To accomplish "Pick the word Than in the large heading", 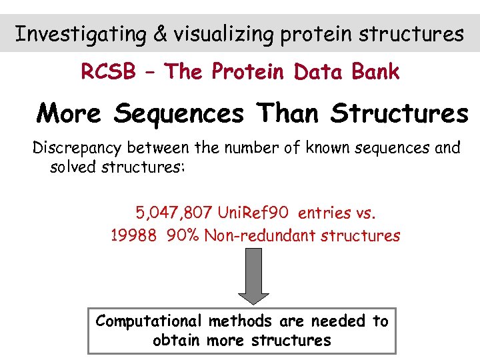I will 287,113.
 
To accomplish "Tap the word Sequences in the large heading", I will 179,113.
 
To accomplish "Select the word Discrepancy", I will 80,148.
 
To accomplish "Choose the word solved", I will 73,167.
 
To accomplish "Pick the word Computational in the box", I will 150,321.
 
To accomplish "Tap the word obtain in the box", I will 177,341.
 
